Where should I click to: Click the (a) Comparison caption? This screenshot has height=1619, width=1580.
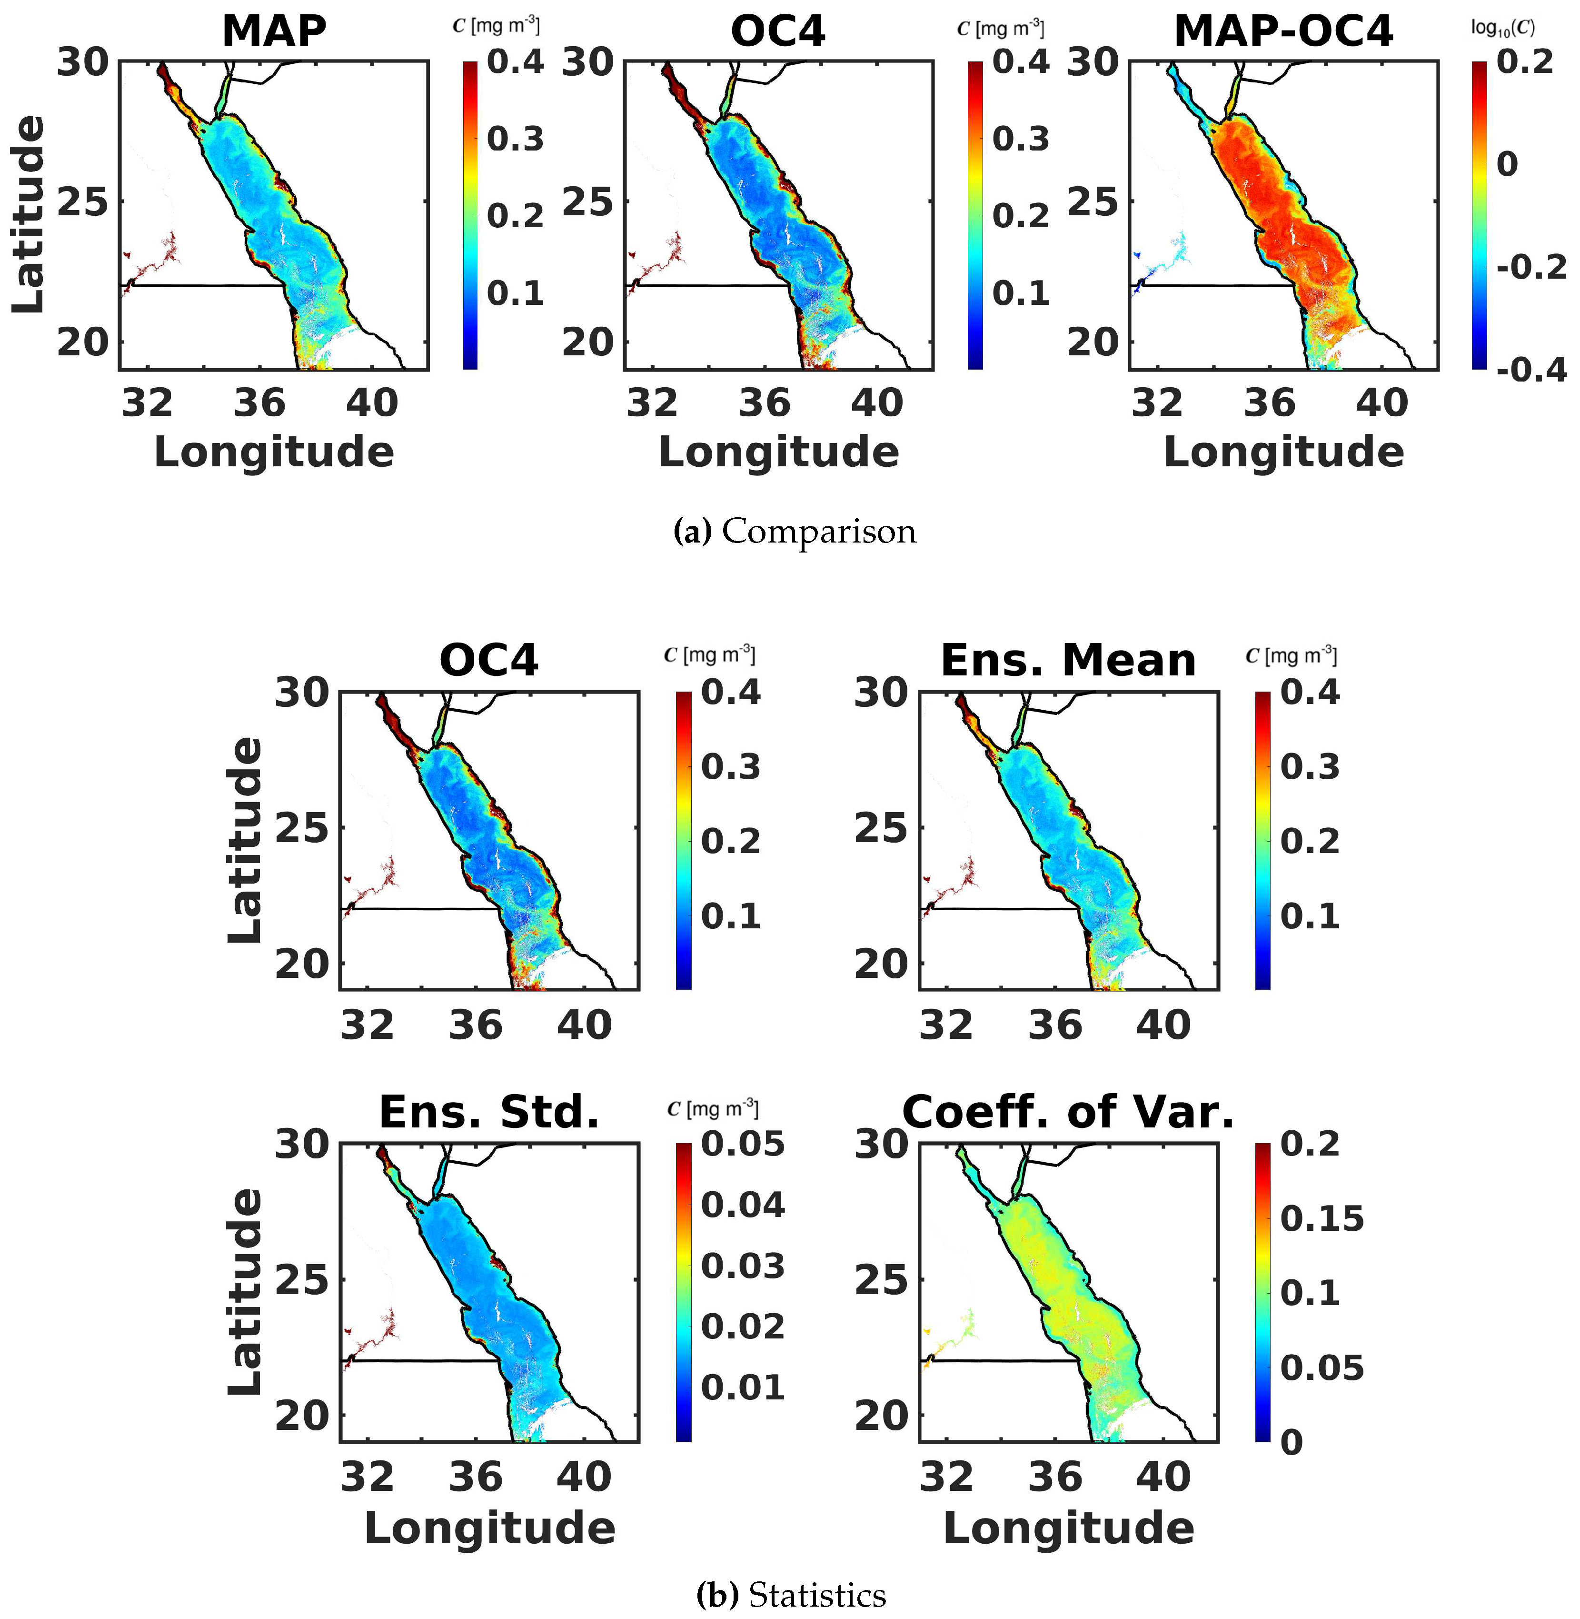tap(794, 532)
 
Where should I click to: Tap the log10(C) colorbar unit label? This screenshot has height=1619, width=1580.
tap(1502, 28)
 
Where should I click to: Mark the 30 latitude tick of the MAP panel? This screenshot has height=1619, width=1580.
tap(83, 62)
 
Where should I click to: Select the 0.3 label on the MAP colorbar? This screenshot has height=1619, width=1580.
tap(515, 139)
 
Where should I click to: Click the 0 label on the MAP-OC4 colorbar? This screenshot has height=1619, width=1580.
tap(1507, 164)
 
